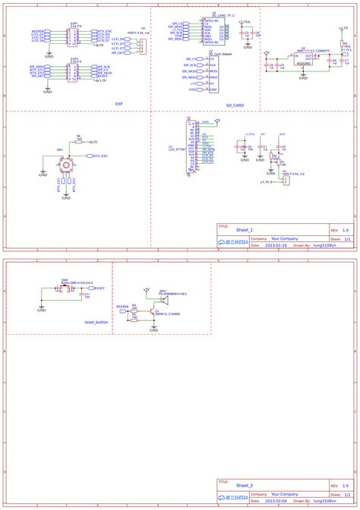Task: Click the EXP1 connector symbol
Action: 73,35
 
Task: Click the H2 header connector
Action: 142,46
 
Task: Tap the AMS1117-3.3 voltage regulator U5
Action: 306,58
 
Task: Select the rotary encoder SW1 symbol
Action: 67,165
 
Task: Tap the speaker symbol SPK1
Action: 164,301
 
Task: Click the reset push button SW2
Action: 65,288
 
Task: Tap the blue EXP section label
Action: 118,104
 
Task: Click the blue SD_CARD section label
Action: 235,105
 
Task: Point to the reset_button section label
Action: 96,323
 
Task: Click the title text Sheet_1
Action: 245,228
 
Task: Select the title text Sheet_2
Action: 245,484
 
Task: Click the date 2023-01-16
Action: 276,246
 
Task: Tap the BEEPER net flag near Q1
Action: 122,307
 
